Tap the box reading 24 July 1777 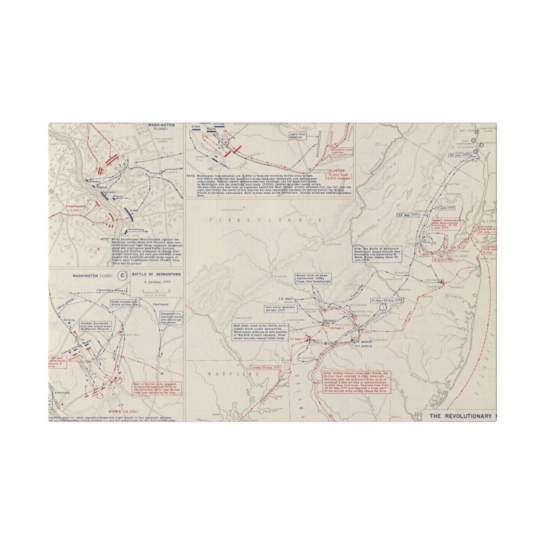click(x=458, y=155)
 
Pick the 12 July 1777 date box click(x=444, y=208)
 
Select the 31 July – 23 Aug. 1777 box click(x=387, y=301)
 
